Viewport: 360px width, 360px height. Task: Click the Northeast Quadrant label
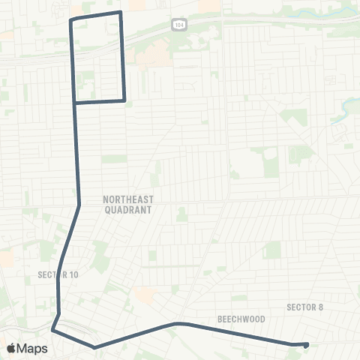[x=127, y=205]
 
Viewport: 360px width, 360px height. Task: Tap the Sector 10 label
[x=58, y=275]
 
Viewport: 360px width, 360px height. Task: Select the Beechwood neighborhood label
[x=241, y=319]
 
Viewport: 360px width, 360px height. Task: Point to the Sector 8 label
[x=304, y=307]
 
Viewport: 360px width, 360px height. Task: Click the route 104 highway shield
[x=176, y=24]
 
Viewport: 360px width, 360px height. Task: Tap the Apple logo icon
[x=12, y=349]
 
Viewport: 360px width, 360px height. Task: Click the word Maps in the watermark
[x=32, y=349]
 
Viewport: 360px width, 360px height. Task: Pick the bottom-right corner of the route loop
[x=124, y=99]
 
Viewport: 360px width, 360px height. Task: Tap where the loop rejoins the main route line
[x=74, y=102]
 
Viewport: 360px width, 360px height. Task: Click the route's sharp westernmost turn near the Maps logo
[x=52, y=329]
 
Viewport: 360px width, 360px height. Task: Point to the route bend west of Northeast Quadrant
[x=79, y=204]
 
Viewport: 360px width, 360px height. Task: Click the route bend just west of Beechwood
[x=178, y=324]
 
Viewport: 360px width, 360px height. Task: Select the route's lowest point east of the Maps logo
[x=93, y=347]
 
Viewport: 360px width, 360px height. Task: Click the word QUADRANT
[x=128, y=211]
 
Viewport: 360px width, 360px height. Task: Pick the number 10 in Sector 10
[x=73, y=275]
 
